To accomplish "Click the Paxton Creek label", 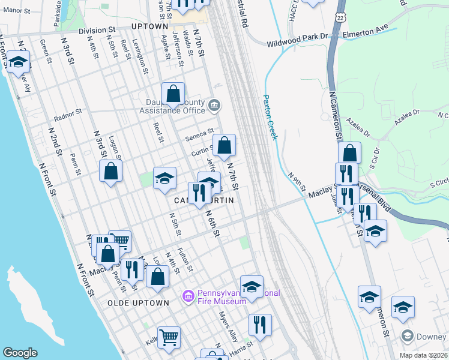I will click(x=270, y=117).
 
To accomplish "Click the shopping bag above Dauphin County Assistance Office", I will click(x=173, y=94).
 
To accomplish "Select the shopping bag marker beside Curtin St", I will click(x=224, y=145).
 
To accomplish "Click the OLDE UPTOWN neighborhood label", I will click(x=138, y=303).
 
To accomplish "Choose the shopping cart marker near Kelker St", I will click(x=169, y=337).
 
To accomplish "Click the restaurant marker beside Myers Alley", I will click(x=260, y=325).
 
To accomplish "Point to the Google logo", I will click(x=20, y=353).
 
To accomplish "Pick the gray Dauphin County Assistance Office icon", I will click(x=214, y=107).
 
